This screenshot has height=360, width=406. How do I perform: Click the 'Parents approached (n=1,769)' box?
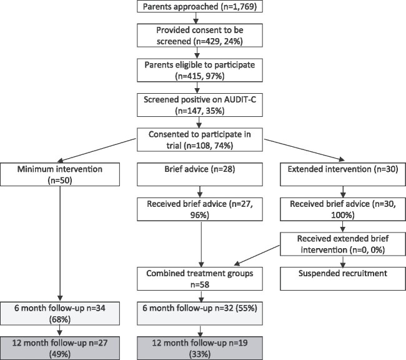coord(200,6)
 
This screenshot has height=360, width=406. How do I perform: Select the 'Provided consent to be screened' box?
coord(200,36)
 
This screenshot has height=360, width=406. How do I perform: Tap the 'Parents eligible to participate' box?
coord(200,70)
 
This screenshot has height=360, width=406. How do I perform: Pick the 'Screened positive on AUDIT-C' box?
coord(200,105)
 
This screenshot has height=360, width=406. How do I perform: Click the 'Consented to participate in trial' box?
coord(200,140)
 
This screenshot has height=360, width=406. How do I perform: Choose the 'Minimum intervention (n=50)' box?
coord(60,174)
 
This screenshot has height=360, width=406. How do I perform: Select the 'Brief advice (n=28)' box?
coord(200,174)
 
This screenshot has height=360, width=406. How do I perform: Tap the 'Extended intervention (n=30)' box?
coord(343,174)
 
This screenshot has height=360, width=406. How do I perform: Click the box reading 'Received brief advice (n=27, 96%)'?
coord(200,209)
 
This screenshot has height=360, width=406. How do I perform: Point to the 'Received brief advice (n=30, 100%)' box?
coord(343,209)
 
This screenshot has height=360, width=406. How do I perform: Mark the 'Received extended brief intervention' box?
coord(343,244)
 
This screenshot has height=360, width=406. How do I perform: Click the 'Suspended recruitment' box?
coord(343,279)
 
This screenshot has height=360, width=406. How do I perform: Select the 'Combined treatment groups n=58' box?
coord(200,279)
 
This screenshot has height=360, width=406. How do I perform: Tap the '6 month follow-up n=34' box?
coord(60,314)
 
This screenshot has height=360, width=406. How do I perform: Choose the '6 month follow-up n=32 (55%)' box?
coord(200,314)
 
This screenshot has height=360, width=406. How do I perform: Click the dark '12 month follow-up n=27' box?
coord(60,348)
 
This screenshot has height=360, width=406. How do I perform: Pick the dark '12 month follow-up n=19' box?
coord(200,348)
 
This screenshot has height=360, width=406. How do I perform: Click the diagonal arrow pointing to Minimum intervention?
coord(97,150)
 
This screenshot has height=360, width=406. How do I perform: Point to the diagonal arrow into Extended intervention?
coord(305,150)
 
